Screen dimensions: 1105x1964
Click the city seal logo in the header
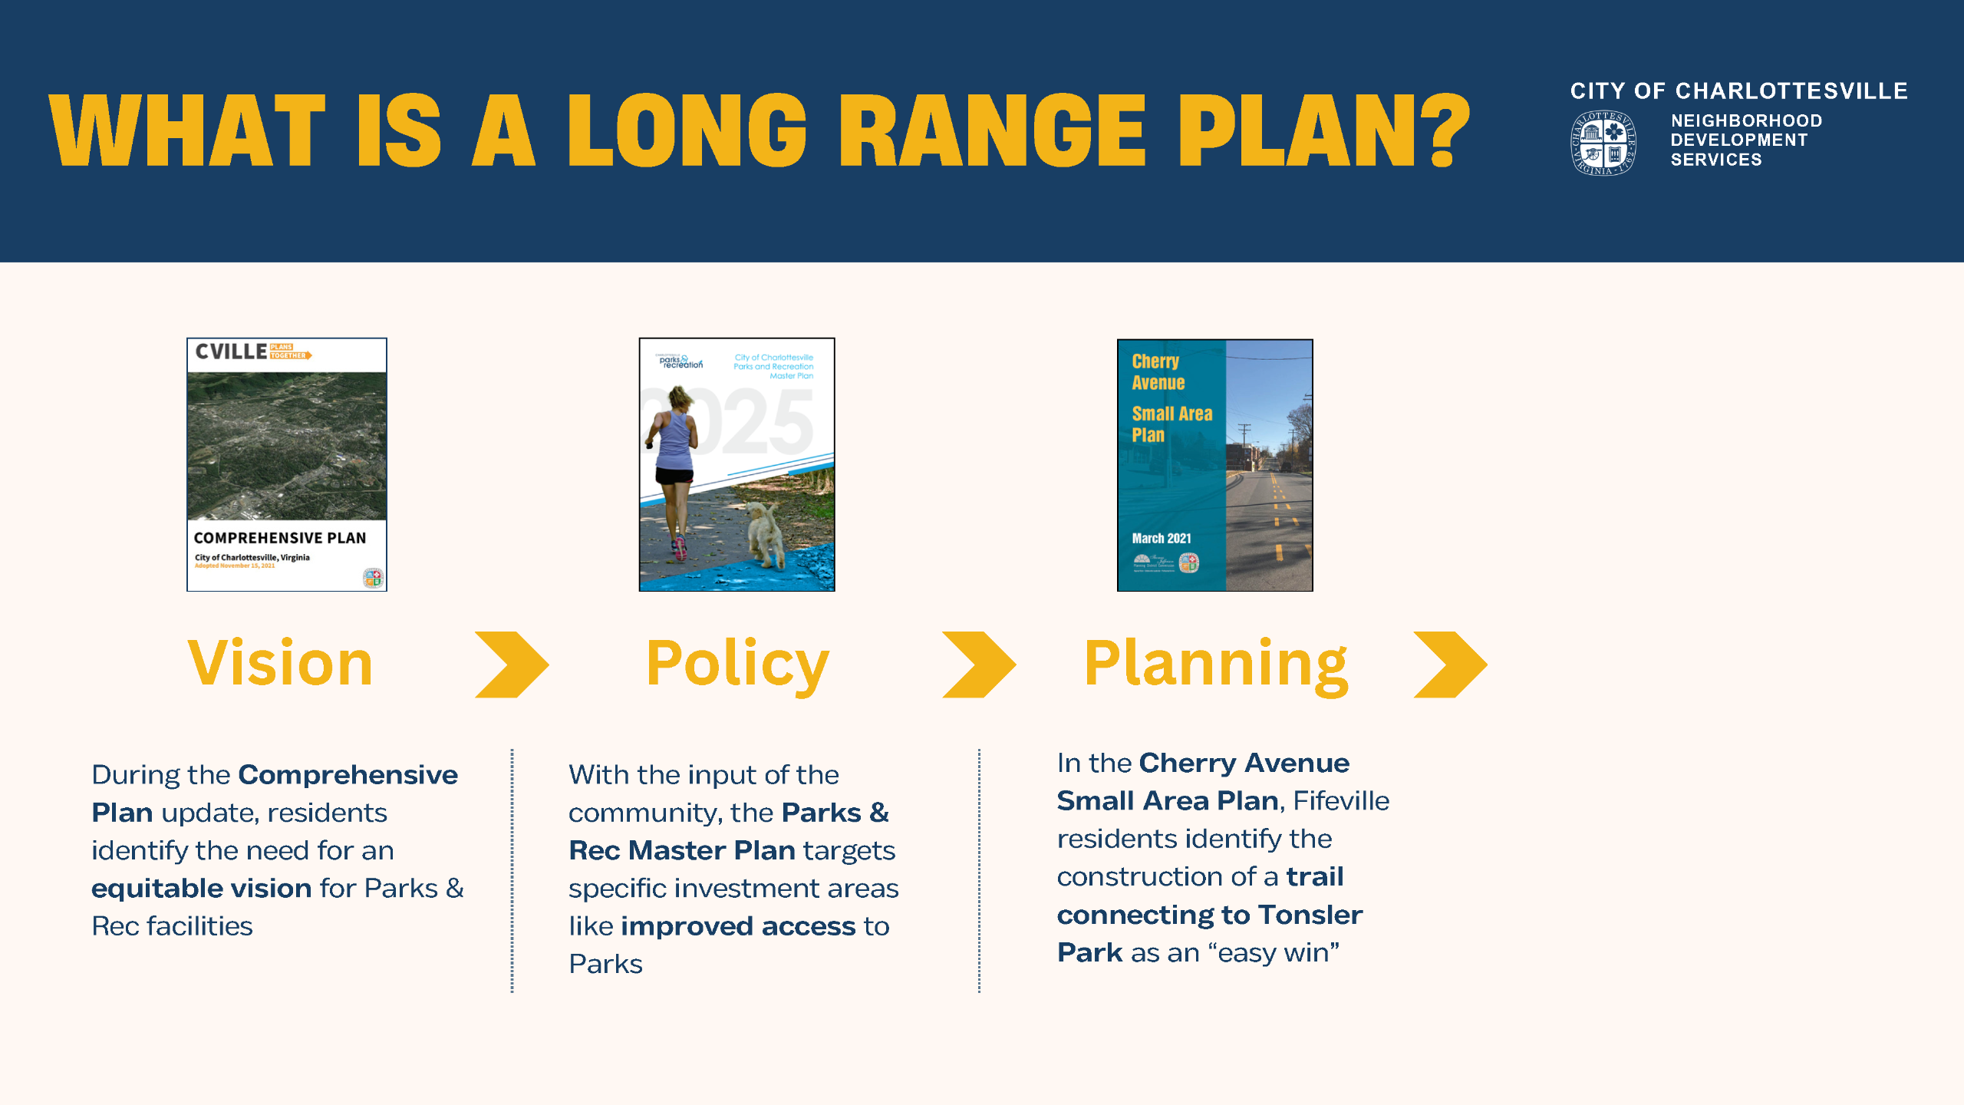pos(1603,143)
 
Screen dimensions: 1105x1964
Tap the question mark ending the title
pos(1445,131)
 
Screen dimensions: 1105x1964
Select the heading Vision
pos(281,664)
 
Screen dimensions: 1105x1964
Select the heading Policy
pos(737,665)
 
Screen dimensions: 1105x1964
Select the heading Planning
pos(1215,665)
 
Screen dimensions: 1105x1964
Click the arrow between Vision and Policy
pos(512,665)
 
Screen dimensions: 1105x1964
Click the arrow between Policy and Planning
pos(979,665)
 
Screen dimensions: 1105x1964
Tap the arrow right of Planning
pos(1450,665)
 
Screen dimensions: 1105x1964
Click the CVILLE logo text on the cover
pos(231,352)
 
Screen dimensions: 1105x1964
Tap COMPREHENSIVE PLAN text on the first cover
pos(280,538)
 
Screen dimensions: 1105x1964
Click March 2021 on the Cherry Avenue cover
pos(1162,539)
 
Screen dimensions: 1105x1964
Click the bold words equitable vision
pos(201,889)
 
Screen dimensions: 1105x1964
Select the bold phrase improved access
pos(737,926)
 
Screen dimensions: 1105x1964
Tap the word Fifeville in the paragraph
pos(1341,801)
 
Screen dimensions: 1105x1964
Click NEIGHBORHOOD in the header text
pos(1746,121)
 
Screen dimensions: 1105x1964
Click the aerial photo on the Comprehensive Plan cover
pos(287,446)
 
